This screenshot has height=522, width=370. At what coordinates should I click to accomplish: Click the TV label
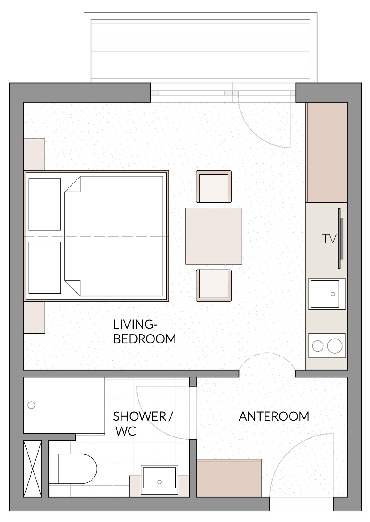coord(329,239)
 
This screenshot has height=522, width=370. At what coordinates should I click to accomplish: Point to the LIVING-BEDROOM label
coord(144,332)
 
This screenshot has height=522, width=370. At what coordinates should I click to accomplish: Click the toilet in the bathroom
coord(72,469)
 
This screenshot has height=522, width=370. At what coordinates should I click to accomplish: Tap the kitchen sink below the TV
coord(327,294)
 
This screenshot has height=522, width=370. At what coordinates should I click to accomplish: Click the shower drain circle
coord(31,405)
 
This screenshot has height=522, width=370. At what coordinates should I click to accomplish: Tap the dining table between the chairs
coord(213,236)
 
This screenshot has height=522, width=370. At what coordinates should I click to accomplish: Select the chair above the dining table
coord(214,187)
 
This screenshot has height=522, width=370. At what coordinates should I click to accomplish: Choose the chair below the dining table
coord(214,285)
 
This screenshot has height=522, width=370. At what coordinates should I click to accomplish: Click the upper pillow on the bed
coord(45,204)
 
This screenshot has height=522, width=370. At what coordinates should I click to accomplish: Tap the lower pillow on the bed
coord(45,268)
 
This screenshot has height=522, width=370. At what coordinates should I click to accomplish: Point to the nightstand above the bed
coord(34,154)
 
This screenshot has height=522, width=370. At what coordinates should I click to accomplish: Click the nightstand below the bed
coord(34,318)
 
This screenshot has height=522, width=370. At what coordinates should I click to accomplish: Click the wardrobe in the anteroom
coord(229,478)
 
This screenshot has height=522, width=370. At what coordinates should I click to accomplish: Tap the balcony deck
coord(200,51)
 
